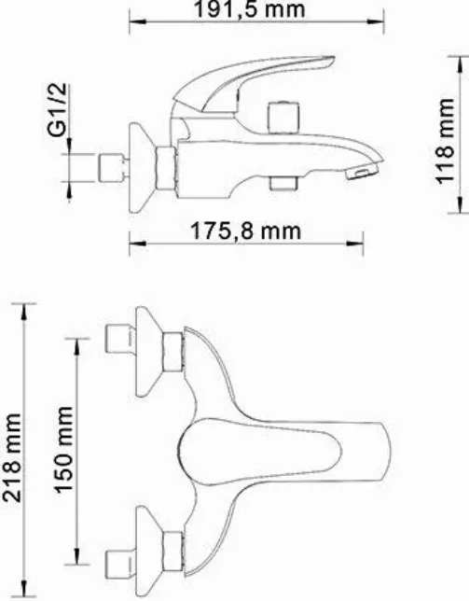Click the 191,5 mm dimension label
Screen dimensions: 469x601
click(x=251, y=9)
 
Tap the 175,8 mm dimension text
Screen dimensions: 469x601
click(x=245, y=231)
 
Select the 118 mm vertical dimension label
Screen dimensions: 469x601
click(x=445, y=141)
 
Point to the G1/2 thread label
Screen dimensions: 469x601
click(x=58, y=110)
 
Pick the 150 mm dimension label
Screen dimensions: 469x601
click(x=63, y=450)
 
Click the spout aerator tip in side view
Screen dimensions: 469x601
click(x=362, y=170)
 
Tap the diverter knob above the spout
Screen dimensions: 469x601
click(x=283, y=117)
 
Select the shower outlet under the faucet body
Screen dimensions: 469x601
click(x=283, y=183)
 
